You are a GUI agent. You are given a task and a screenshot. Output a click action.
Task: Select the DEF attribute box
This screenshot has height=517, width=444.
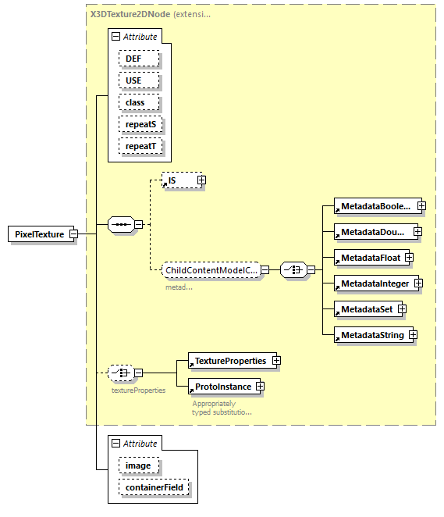tap(139, 59)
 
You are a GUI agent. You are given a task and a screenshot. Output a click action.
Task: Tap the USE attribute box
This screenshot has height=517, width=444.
tap(139, 80)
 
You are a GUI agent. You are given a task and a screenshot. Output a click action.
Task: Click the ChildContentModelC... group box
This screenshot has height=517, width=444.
tap(211, 270)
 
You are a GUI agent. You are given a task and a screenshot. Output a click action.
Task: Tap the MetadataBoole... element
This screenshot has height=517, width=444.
tap(373, 206)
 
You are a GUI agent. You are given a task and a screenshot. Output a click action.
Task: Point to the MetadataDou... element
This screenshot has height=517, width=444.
tap(372, 232)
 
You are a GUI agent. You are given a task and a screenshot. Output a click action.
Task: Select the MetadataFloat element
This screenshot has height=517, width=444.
tap(368, 258)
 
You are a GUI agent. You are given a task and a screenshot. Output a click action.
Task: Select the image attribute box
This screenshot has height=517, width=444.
tap(139, 465)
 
